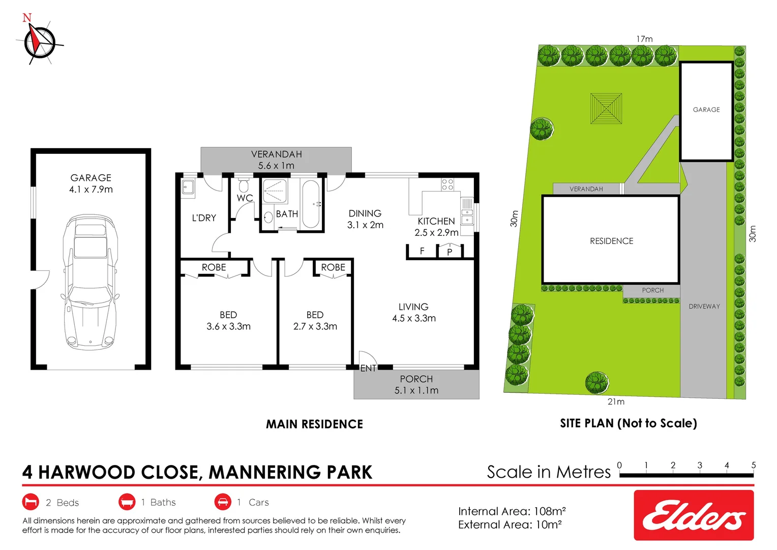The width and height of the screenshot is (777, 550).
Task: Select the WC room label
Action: pyautogui.click(x=245, y=198)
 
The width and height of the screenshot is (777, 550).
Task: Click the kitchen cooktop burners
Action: pyautogui.click(x=447, y=184)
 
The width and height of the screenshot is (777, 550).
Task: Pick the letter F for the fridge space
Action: pyautogui.click(x=422, y=251)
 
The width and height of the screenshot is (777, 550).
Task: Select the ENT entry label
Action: pyautogui.click(x=368, y=368)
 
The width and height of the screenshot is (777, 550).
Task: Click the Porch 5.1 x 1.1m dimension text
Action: pyautogui.click(x=416, y=391)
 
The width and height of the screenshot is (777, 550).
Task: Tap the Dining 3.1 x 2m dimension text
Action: pyautogui.click(x=365, y=225)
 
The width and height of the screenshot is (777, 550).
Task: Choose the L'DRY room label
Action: pyautogui.click(x=204, y=218)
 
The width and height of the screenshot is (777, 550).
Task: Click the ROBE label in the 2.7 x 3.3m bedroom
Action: pyautogui.click(x=333, y=267)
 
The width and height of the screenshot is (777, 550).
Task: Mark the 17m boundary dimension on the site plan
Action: pyautogui.click(x=644, y=39)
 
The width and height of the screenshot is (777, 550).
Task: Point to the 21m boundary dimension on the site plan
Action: pyautogui.click(x=616, y=402)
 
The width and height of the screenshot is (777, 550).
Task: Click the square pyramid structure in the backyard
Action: pyautogui.click(x=606, y=108)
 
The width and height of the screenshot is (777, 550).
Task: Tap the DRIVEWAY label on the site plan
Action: pyautogui.click(x=704, y=307)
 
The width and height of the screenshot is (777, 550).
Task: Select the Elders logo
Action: pyautogui.click(x=694, y=515)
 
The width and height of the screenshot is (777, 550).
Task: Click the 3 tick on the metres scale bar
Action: pyautogui.click(x=700, y=465)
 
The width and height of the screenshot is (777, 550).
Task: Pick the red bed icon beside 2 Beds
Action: pyautogui.click(x=31, y=502)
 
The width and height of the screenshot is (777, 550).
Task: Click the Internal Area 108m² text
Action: pyautogui.click(x=512, y=511)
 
